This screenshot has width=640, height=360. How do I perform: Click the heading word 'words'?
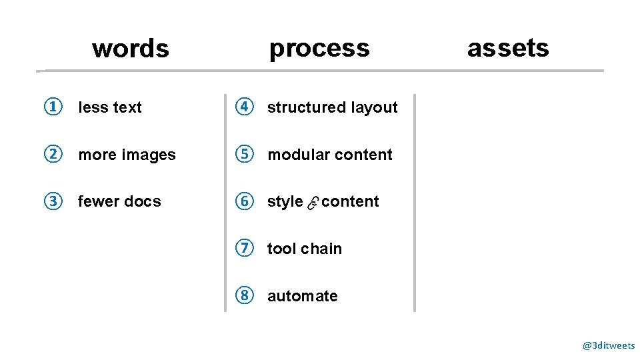tap(131, 49)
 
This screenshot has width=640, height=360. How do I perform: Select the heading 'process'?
tap(319, 48)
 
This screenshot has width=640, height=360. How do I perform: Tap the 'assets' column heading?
tap(508, 48)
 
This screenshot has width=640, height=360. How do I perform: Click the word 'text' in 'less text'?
tap(127, 107)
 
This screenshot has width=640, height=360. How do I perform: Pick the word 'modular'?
tap(297, 155)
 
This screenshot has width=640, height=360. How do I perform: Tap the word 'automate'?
tap(303, 296)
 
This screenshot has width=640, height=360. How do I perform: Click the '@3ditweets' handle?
tap(609, 345)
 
